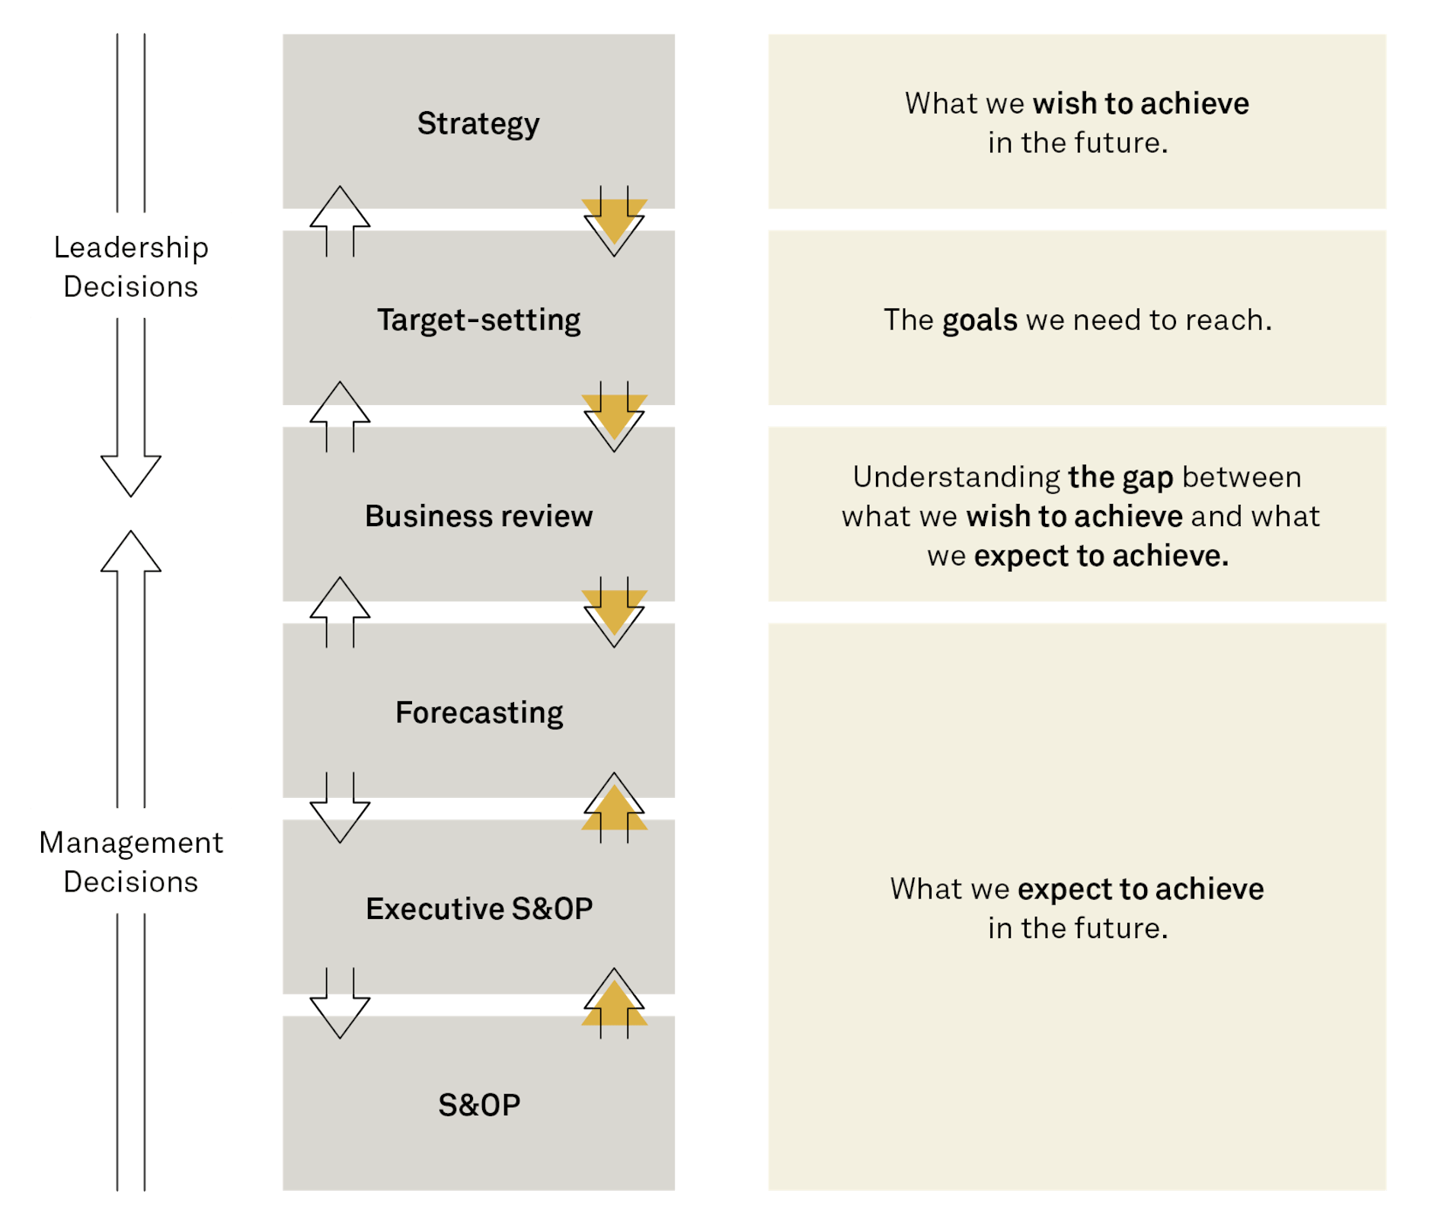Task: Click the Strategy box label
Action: coord(478,123)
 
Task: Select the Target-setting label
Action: coord(478,320)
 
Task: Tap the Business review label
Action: coord(478,516)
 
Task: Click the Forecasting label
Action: coord(478,713)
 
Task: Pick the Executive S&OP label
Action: coord(478,909)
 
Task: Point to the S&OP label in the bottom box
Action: coord(478,1105)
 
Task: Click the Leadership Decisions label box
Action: coord(131,266)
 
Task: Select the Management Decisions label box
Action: coord(131,861)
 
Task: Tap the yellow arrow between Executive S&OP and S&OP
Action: coord(614,1006)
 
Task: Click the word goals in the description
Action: coord(980,321)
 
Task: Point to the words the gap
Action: coord(1120,477)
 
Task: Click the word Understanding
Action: coord(956,477)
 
